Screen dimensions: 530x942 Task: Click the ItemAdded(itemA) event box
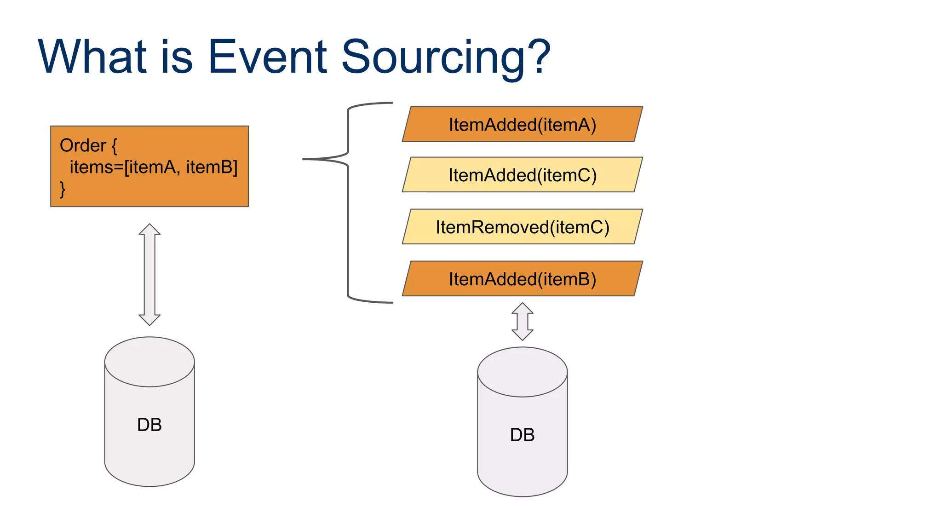pos(522,125)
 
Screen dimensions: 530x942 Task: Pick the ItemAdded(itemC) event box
pos(522,175)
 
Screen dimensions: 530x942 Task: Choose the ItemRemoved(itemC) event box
pos(522,227)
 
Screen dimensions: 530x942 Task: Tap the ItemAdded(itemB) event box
pos(522,279)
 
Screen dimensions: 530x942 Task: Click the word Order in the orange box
pos(83,146)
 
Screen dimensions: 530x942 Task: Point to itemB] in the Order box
pos(212,167)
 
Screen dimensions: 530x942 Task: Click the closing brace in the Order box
pos(63,189)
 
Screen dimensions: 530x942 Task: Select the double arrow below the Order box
pos(149,275)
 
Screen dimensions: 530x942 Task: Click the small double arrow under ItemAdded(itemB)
pos(522,322)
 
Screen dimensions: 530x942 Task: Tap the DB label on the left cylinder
pos(149,425)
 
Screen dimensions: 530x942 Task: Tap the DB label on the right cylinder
pos(522,435)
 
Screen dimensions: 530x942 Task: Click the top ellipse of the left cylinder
pos(149,362)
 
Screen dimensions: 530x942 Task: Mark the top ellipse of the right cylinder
pos(522,372)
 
